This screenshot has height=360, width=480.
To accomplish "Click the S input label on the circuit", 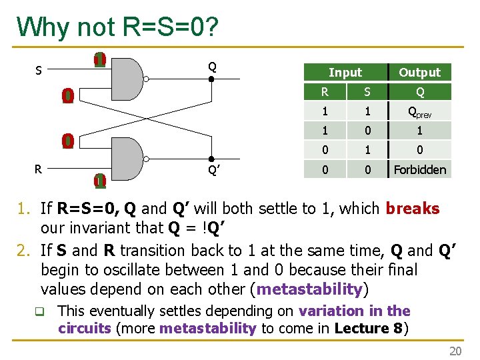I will [39, 69].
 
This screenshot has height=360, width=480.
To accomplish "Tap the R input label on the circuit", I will [39, 169].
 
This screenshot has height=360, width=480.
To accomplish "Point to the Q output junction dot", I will [211, 79].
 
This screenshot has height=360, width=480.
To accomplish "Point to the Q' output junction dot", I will [211, 159].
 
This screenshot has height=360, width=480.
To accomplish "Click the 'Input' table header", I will [345, 72].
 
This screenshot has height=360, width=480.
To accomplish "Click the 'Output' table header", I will [419, 72].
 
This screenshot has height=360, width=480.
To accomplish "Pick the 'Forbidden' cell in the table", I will [419, 169].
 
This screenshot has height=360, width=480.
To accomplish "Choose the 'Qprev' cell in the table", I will [419, 112].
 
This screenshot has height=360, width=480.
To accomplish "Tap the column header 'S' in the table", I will [365, 92].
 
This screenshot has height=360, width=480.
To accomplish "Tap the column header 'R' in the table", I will [325, 92].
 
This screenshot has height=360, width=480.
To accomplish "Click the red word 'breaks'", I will [412, 209].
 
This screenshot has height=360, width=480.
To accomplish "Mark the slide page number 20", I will [455, 351].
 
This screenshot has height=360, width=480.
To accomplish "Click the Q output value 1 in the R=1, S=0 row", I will [419, 131].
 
